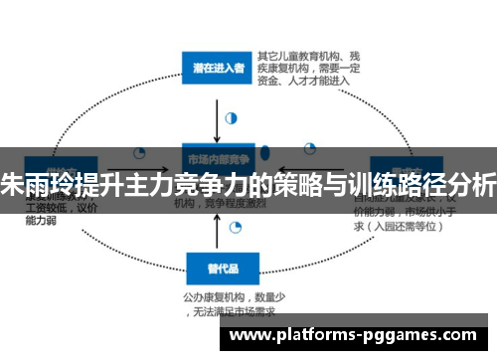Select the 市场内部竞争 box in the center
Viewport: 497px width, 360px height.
pyautogui.click(x=217, y=158)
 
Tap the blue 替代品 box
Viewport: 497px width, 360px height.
pyautogui.click(x=217, y=268)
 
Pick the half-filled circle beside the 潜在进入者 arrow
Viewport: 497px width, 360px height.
pyautogui.click(x=232, y=116)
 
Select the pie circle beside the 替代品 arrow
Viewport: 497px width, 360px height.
pyautogui.click(x=236, y=228)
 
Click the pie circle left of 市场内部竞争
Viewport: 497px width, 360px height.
pyautogui.click(x=139, y=154)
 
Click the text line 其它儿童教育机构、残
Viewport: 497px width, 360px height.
pyautogui.click(x=303, y=54)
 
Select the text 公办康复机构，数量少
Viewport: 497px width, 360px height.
pyautogui.click(x=232, y=295)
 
